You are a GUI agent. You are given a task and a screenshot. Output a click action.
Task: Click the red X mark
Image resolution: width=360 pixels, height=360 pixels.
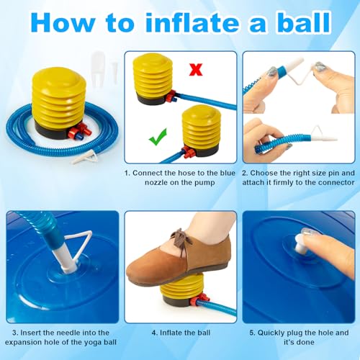coord(196,70)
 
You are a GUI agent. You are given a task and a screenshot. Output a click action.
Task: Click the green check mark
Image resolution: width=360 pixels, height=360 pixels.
coord(158,137)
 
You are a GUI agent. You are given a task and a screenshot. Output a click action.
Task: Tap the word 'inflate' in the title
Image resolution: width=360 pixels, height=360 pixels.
coord(192,22)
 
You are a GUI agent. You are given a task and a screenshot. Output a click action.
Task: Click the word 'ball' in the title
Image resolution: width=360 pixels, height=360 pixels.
coord(304,22)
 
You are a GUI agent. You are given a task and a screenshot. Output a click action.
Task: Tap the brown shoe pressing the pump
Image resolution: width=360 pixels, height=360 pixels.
coord(179,258)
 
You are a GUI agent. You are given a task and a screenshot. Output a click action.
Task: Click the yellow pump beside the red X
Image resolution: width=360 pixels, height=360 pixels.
coord(153,79)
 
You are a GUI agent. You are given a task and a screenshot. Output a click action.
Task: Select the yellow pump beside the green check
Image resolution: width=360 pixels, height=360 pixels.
coord(201,131)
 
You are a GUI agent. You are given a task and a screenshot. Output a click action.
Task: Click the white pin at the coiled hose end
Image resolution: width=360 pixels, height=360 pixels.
coord(85,158)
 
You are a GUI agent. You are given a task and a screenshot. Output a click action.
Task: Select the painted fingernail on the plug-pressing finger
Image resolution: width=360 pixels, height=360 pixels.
coord(307,232)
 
